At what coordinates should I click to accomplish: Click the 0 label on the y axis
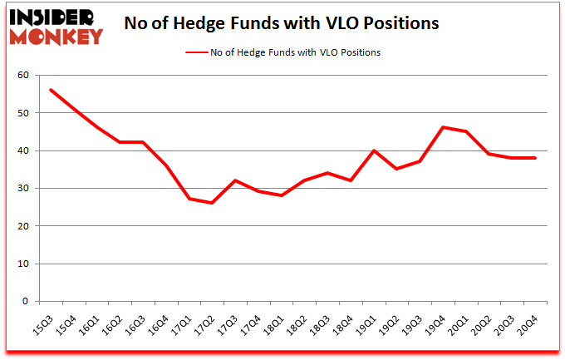(26, 302)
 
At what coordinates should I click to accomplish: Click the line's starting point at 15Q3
(50, 90)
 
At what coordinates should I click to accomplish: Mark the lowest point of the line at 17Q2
(213, 203)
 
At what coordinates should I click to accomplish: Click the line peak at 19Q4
(443, 127)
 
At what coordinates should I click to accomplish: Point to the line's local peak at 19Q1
(374, 150)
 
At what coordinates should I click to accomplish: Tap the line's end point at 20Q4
(535, 158)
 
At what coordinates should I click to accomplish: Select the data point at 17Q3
(236, 180)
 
